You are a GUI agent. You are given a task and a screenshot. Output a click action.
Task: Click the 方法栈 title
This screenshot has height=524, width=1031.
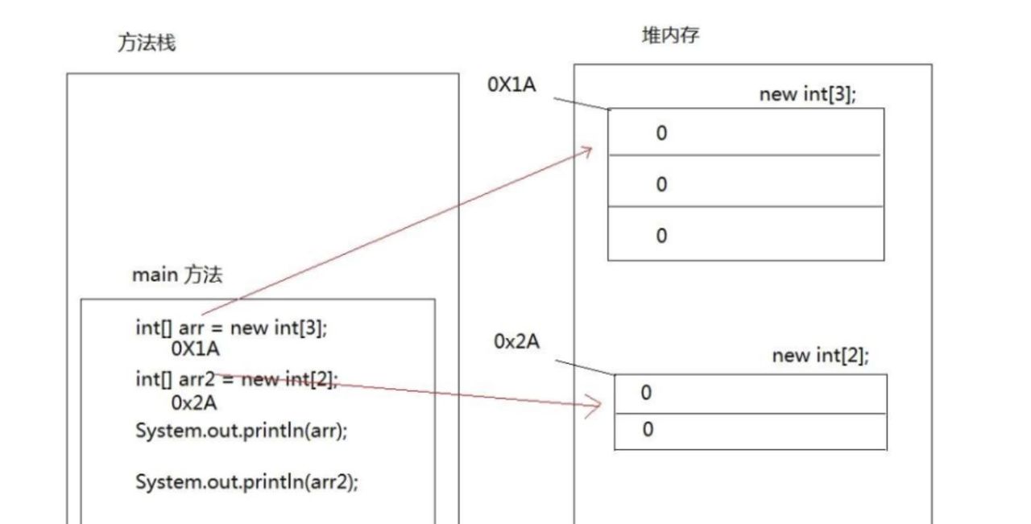click(x=147, y=43)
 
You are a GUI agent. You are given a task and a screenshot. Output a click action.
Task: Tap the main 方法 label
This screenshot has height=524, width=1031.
click(x=177, y=275)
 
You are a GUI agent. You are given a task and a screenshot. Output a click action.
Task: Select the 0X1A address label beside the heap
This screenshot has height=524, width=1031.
click(x=511, y=85)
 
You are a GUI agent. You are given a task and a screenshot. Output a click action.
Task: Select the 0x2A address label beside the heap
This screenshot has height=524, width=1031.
click(x=517, y=341)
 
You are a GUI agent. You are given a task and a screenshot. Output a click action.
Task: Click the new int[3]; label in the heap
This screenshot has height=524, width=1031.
click(x=808, y=94)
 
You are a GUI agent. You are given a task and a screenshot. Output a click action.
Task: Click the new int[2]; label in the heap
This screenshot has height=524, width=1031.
click(x=821, y=356)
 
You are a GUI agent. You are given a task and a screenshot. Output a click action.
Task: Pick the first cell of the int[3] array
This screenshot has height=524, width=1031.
click(x=745, y=133)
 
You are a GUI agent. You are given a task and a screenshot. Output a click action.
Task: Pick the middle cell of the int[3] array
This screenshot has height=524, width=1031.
click(x=745, y=184)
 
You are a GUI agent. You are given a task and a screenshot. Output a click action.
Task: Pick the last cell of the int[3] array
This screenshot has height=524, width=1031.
click(x=745, y=235)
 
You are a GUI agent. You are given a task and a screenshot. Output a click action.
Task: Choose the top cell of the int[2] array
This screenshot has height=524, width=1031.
click(x=750, y=394)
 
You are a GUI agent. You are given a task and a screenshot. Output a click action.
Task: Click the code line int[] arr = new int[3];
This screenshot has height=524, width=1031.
click(x=232, y=328)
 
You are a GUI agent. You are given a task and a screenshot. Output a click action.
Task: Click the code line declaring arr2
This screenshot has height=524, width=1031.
click(x=237, y=379)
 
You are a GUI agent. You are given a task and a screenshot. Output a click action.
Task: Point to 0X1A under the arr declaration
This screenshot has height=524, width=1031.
click(x=196, y=349)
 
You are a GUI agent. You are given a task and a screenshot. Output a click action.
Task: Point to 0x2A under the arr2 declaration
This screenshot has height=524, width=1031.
click(x=194, y=402)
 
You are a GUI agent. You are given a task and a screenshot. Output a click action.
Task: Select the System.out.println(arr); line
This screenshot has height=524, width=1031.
click(x=242, y=430)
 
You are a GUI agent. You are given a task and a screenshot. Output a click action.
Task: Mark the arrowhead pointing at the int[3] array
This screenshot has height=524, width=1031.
click(x=588, y=151)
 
